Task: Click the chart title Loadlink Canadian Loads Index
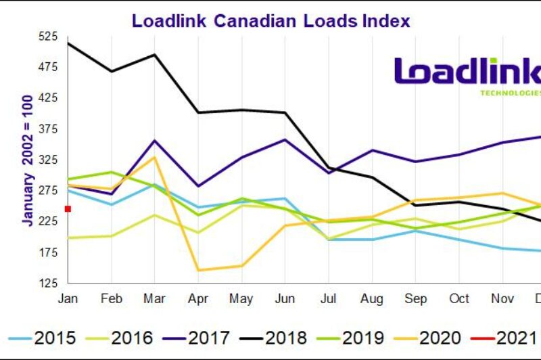[x=270, y=20]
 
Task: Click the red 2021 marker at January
[x=68, y=208]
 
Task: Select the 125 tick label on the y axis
[x=49, y=284]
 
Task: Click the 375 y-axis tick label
[x=49, y=129]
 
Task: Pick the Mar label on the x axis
[x=155, y=298]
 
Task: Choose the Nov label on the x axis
[x=502, y=298]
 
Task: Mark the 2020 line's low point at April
[x=198, y=270]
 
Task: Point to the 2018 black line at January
[x=68, y=43]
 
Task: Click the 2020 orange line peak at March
[x=155, y=157]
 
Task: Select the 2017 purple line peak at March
[x=155, y=140]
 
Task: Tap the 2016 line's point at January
[x=68, y=238]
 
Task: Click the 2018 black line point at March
[x=155, y=55]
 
